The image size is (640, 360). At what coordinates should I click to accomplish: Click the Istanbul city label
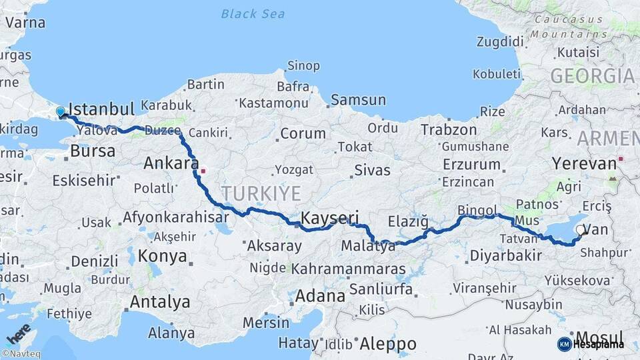coord(102,109)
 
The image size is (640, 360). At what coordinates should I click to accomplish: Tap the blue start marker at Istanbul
coord(61,112)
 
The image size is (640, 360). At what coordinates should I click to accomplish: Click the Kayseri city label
coord(330,217)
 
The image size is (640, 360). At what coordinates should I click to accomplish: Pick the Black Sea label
coord(253,13)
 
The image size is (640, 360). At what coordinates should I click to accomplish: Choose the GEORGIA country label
coord(592,76)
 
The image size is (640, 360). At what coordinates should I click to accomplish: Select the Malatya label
coord(368,247)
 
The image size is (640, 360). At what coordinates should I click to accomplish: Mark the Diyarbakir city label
coord(505,255)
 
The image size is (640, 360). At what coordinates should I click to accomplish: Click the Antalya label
coord(160,302)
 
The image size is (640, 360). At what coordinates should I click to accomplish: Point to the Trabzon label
coord(449,130)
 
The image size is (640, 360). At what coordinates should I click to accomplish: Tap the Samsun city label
coord(359,100)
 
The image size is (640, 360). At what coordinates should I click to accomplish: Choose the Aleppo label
coord(388,344)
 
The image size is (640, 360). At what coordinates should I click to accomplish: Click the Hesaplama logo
coord(591,344)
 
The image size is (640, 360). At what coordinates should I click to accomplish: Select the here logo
coord(18,333)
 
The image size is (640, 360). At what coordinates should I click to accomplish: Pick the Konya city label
coord(163,256)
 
